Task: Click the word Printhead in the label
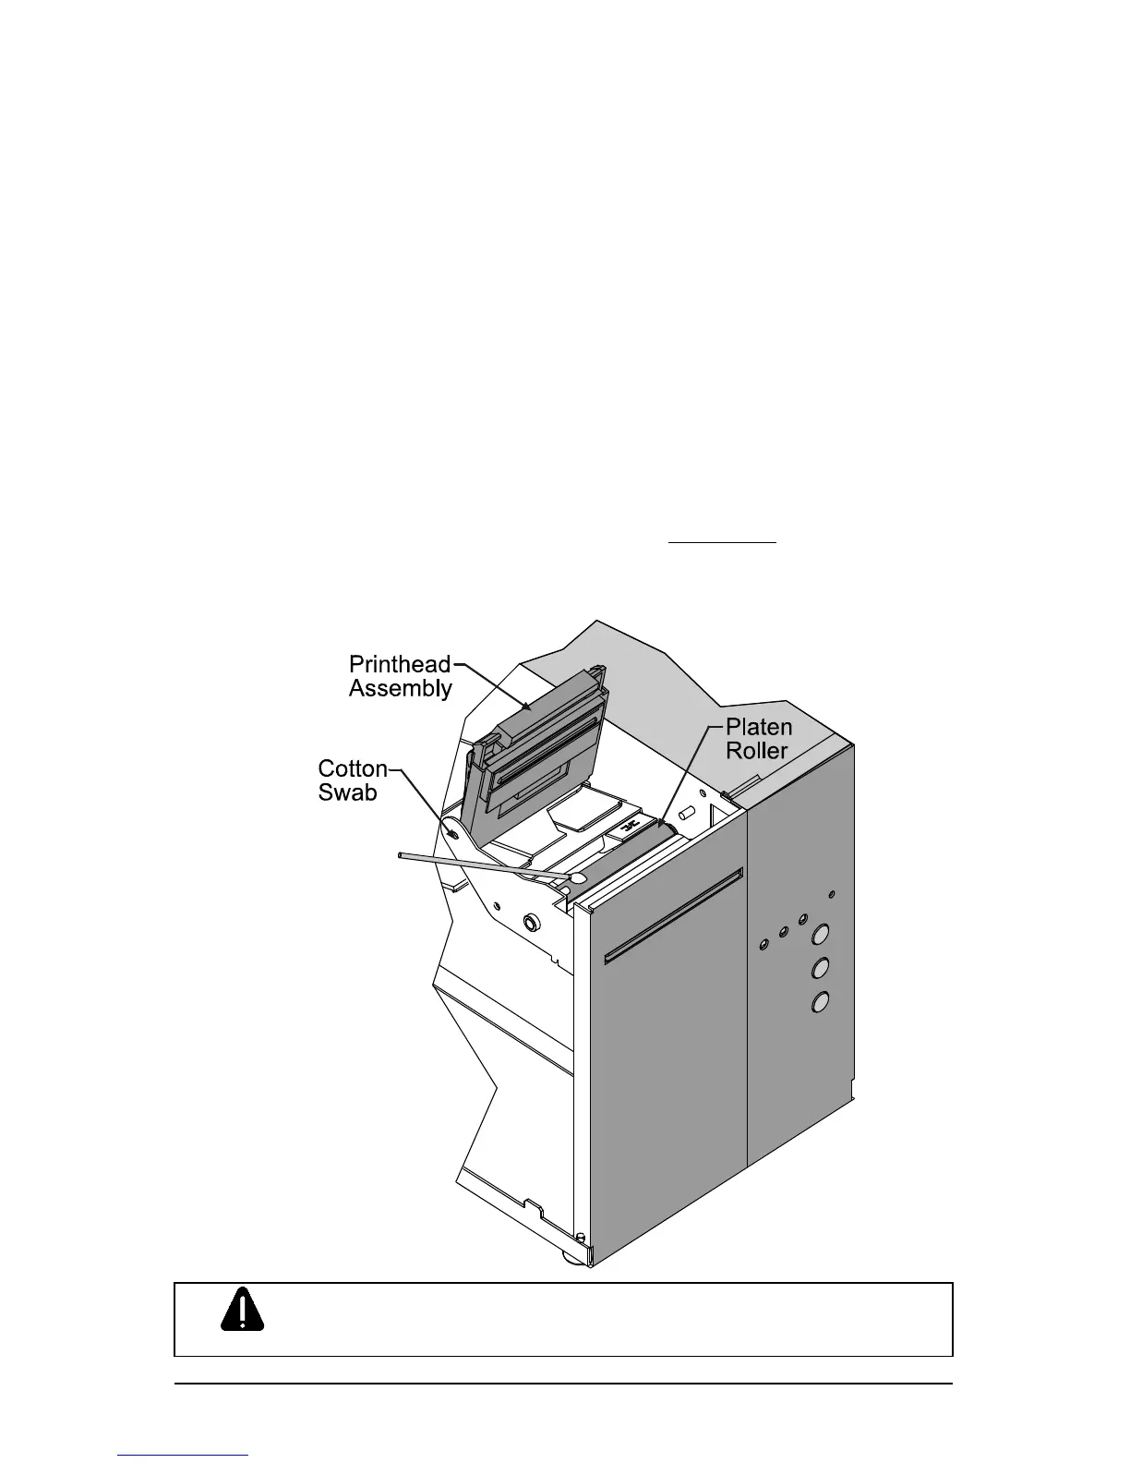pyautogui.click(x=400, y=665)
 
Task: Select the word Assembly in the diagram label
pyautogui.click(x=401, y=689)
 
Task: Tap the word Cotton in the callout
pyautogui.click(x=353, y=768)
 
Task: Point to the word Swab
pyautogui.click(x=347, y=792)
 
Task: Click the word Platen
pyautogui.click(x=758, y=727)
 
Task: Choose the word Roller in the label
pyautogui.click(x=757, y=751)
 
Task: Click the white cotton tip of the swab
pyautogui.click(x=578, y=877)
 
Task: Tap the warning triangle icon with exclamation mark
pyautogui.click(x=243, y=1309)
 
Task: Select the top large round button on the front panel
pyautogui.click(x=819, y=937)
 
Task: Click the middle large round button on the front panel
pyautogui.click(x=819, y=969)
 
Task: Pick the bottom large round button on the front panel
pyautogui.click(x=819, y=1001)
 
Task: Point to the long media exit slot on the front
pyautogui.click(x=674, y=914)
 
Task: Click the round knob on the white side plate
pyautogui.click(x=532, y=923)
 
